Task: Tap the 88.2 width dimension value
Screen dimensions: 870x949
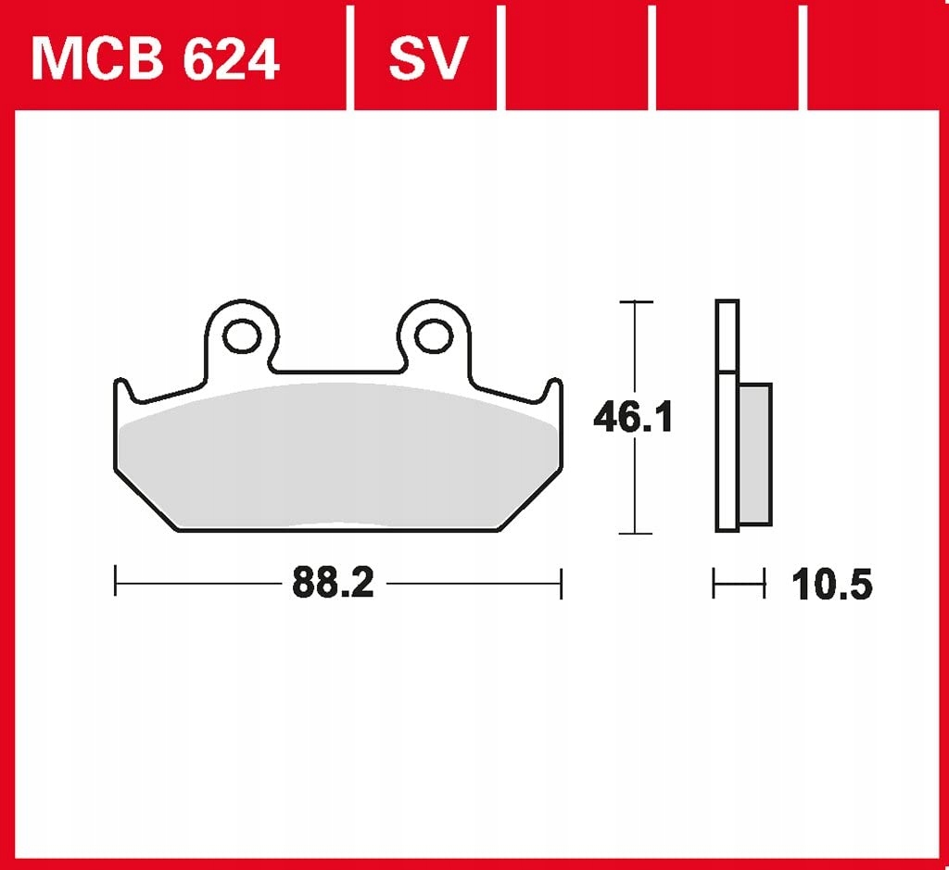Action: click(x=333, y=583)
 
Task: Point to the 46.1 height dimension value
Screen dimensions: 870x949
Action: click(x=633, y=418)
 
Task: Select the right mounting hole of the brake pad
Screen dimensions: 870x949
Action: click(x=432, y=336)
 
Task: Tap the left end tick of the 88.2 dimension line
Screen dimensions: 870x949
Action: click(x=115, y=582)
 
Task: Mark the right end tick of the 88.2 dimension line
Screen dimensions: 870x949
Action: click(x=561, y=582)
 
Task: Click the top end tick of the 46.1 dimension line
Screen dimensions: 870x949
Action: click(x=635, y=302)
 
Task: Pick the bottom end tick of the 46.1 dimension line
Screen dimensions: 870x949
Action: click(x=635, y=533)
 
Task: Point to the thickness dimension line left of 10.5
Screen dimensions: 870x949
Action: click(x=739, y=584)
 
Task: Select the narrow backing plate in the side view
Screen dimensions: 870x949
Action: click(x=728, y=417)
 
